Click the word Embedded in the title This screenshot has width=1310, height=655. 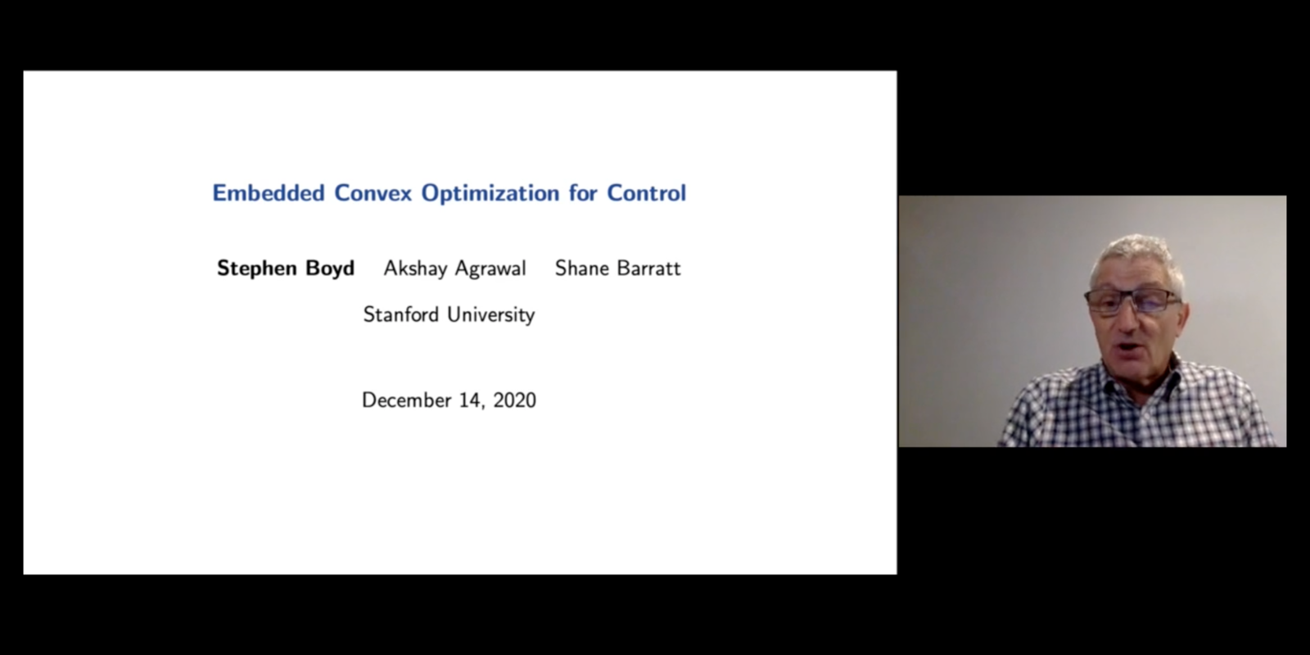pos(269,193)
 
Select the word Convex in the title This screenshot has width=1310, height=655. pos(373,193)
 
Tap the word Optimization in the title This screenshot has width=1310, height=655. pos(490,193)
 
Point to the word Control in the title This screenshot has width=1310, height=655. pos(646,193)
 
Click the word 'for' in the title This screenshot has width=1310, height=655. pos(583,193)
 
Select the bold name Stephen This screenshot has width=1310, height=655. pos(257,269)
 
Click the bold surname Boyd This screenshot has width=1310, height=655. pos(331,269)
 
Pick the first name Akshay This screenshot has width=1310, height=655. pos(414,269)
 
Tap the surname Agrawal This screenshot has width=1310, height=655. pos(490,269)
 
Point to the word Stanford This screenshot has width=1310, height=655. pos(401,314)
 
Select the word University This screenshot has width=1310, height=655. pos(491,315)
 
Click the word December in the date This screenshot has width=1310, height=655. pos(407,400)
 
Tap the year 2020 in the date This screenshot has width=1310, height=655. pos(515,400)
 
